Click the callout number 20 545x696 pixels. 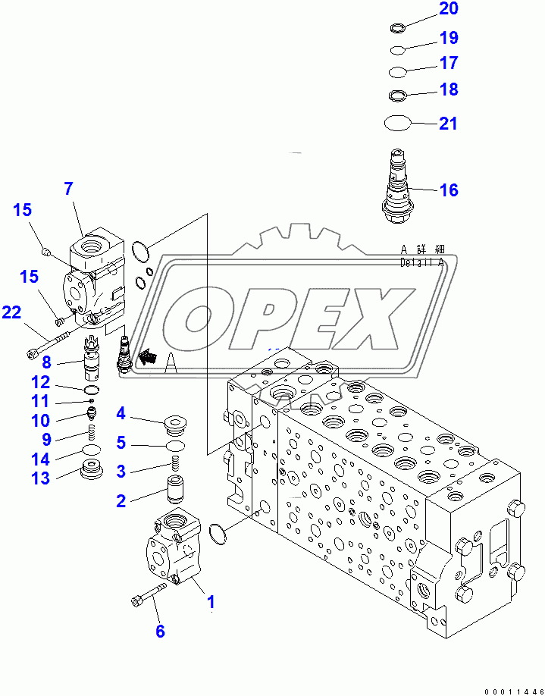click(449, 10)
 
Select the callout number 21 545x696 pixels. click(449, 123)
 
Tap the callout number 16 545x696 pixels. click(449, 190)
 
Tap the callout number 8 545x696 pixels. click(45, 362)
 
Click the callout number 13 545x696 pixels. click(39, 478)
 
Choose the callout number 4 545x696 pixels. click(121, 413)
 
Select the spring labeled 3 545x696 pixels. click(176, 463)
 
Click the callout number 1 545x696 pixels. click(211, 603)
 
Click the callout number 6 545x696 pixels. click(160, 631)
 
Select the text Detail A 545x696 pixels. click(422, 263)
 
